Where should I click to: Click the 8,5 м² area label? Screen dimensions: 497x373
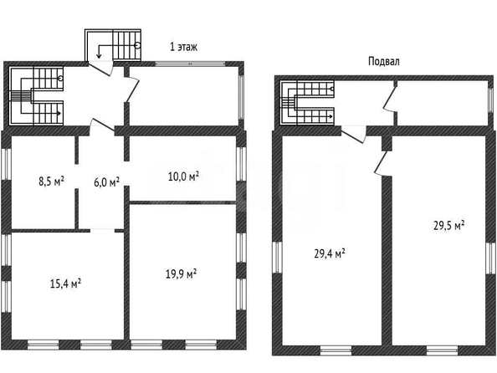click(51, 181)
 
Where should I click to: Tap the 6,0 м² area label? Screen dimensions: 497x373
click(107, 182)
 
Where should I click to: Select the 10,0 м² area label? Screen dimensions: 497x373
click(183, 176)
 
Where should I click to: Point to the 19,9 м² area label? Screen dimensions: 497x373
click(181, 273)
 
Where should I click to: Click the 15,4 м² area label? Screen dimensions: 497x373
click(65, 284)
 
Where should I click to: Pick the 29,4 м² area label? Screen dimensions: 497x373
click(330, 254)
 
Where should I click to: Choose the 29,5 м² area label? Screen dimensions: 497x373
click(448, 226)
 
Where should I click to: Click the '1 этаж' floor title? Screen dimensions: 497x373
click(184, 47)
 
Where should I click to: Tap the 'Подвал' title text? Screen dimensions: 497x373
click(383, 61)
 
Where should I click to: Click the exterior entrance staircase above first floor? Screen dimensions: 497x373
click(113, 45)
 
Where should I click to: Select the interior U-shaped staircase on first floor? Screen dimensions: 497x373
click(36, 95)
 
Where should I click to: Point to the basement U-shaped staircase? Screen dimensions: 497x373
click(307, 102)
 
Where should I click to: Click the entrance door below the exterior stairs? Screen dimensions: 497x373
click(100, 68)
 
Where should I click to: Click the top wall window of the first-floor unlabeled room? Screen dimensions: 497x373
click(190, 64)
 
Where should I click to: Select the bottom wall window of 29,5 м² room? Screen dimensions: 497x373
click(442, 350)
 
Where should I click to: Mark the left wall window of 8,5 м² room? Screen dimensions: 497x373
click(7, 164)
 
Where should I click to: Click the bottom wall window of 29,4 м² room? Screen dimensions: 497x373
click(336, 350)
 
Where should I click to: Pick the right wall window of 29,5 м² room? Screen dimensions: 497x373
click(490, 258)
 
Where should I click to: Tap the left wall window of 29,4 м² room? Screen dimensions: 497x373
click(277, 257)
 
